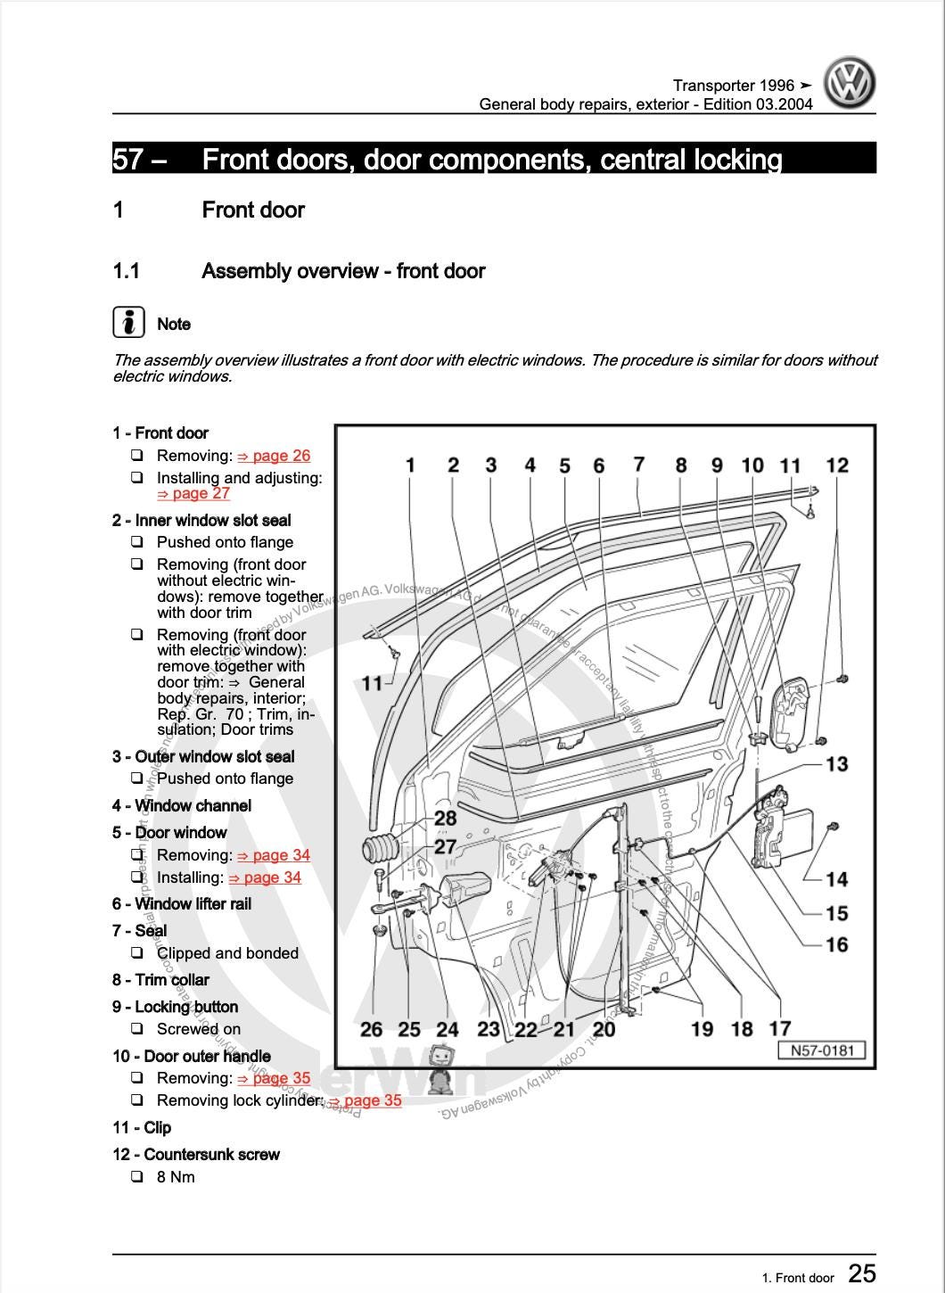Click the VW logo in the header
849,83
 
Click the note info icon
128,322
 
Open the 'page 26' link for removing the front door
274,456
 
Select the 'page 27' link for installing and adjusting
193,494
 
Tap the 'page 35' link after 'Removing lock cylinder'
365,1100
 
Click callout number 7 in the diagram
638,464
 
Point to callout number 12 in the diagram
837,465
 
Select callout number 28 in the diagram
445,817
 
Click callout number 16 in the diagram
836,944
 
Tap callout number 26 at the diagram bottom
371,1029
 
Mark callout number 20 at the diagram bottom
604,1029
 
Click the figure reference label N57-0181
822,1050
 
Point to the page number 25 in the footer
861,1273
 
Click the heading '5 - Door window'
169,833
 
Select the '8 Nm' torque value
176,1177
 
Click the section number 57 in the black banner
127,160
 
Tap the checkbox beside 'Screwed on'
137,1029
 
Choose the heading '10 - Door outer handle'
192,1057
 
